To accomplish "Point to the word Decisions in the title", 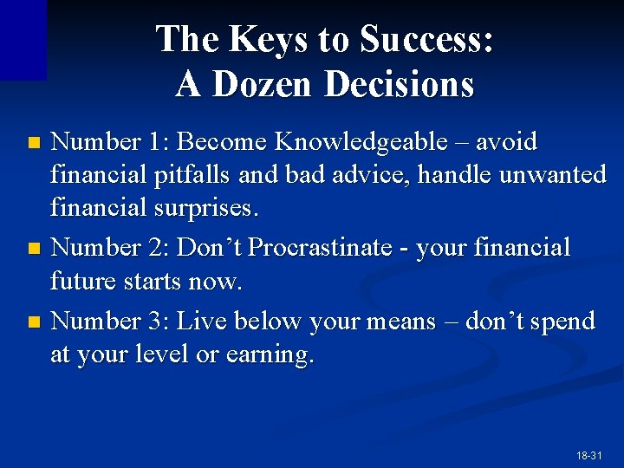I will pyautogui.click(x=400, y=85).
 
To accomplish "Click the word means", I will pyautogui.click(x=401, y=321).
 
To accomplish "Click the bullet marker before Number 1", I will pyautogui.click(x=34, y=141).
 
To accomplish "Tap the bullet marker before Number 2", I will pyautogui.click(x=34, y=249).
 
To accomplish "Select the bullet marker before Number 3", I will pyautogui.click(x=34, y=322).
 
